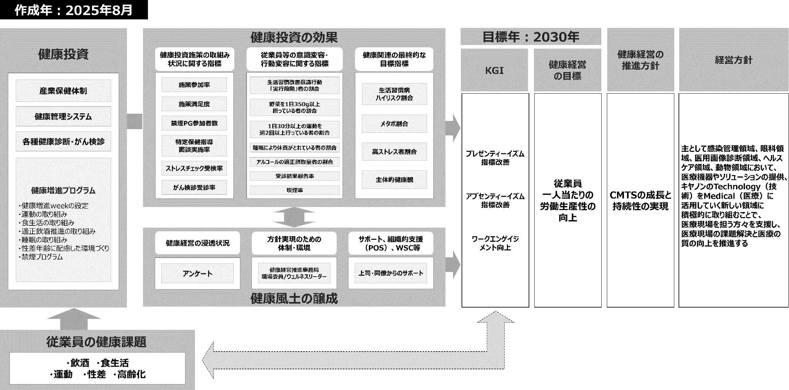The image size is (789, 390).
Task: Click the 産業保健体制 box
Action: (x=63, y=91)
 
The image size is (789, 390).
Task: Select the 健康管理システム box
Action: (x=63, y=116)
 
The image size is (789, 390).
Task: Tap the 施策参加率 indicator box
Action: (x=194, y=85)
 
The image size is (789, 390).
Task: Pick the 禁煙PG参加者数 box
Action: (x=194, y=123)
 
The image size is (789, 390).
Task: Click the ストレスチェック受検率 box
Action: (x=194, y=168)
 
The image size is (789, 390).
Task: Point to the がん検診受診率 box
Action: (x=194, y=187)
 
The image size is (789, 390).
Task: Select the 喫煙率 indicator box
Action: (x=294, y=190)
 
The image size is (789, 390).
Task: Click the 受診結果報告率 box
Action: (x=294, y=176)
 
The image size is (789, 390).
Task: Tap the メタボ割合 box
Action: (x=394, y=124)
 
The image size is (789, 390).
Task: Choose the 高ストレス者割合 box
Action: (x=394, y=151)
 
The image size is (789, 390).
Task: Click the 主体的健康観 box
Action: (x=394, y=180)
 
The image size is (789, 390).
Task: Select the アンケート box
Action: (x=197, y=273)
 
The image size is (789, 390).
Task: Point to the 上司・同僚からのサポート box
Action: (x=391, y=273)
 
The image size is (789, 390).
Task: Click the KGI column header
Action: (x=494, y=70)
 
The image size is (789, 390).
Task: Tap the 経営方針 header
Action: (x=733, y=60)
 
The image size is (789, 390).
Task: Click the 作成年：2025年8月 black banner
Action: (x=74, y=10)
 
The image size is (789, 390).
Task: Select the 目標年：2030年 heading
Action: (x=531, y=37)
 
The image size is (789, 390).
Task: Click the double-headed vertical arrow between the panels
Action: (x=294, y=217)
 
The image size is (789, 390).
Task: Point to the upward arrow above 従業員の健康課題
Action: (x=74, y=319)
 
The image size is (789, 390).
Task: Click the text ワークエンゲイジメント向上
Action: (x=495, y=243)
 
